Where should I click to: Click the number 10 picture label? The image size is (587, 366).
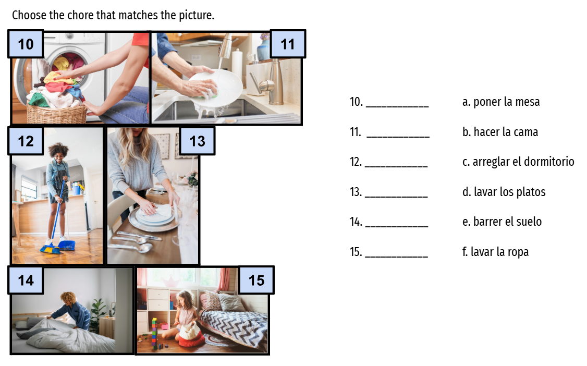26,44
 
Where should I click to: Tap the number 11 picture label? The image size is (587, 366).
288,44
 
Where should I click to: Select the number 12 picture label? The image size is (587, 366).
26,141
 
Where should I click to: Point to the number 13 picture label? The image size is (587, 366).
197,141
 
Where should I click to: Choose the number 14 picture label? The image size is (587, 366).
26,280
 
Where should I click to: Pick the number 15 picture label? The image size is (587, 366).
256,280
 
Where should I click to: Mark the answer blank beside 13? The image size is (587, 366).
396,196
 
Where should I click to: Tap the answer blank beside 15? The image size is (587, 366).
396,257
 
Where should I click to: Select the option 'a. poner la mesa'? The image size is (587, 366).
501,102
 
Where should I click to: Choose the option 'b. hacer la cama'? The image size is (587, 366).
500,132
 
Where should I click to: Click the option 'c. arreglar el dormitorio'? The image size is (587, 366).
518,162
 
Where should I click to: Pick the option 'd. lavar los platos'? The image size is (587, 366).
504,192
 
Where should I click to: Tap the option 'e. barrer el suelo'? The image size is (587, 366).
502,222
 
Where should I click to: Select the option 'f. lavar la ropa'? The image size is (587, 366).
495,252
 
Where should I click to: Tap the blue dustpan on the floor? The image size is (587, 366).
67,245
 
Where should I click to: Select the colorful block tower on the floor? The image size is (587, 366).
154,333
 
